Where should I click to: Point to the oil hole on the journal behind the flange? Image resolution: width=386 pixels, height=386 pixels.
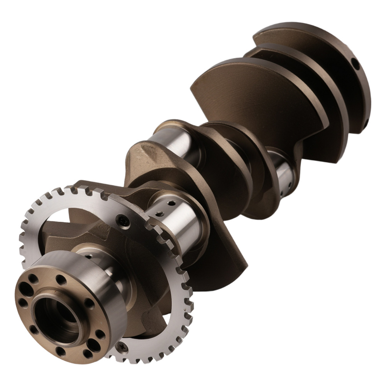click(x=90, y=256)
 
